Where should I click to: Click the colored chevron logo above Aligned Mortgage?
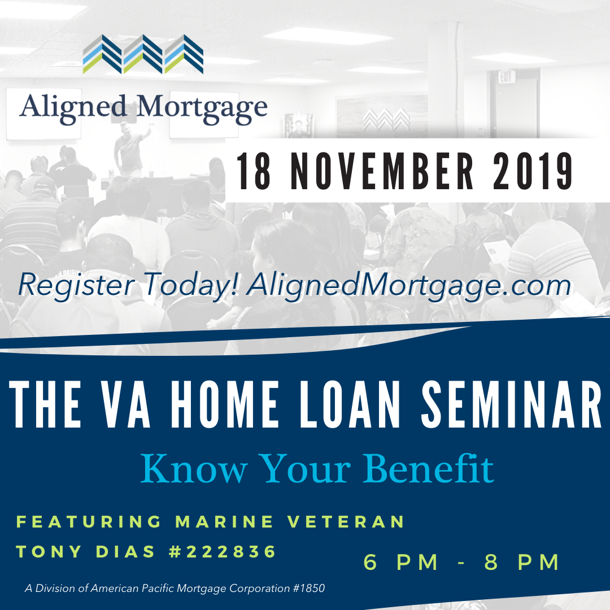coord(143,54)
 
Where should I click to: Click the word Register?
coord(77,286)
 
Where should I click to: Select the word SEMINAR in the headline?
coord(511,404)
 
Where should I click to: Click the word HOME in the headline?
coord(224,404)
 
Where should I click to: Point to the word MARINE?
coord(224,522)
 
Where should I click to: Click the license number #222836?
coord(223,552)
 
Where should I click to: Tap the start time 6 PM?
coord(400,562)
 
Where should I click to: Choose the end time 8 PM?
coord(521,562)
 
